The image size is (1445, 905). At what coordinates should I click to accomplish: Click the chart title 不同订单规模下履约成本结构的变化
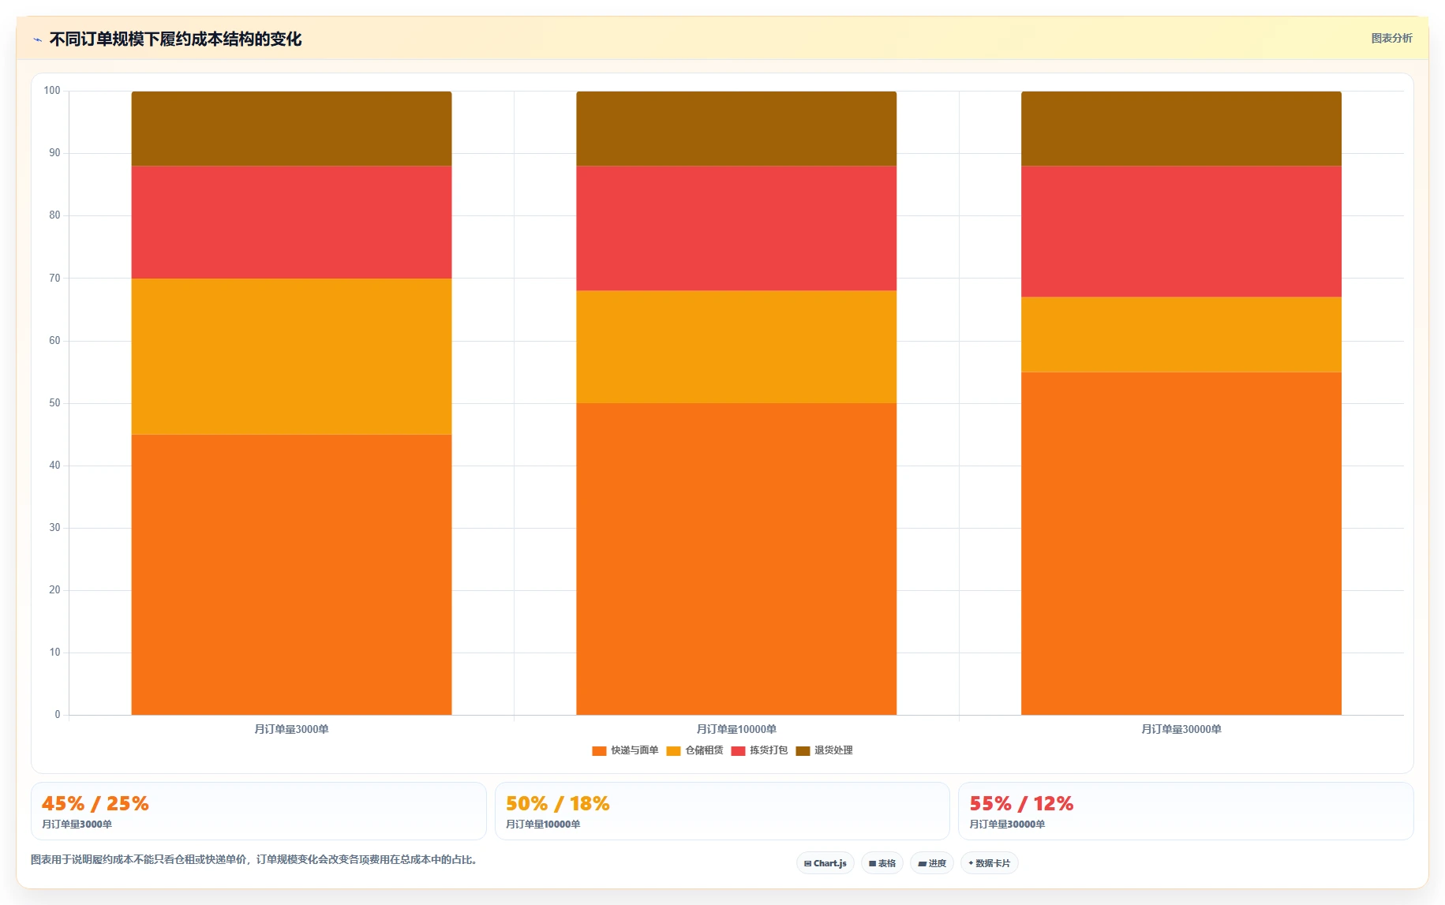pyautogui.click(x=175, y=39)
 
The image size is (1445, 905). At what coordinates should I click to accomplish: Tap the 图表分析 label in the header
pyautogui.click(x=1391, y=38)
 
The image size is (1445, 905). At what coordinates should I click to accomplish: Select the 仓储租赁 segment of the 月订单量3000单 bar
pyautogui.click(x=291, y=357)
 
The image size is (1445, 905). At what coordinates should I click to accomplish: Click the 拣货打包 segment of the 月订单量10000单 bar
pyautogui.click(x=736, y=228)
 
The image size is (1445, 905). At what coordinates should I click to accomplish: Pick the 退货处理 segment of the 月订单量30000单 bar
pyautogui.click(x=1181, y=129)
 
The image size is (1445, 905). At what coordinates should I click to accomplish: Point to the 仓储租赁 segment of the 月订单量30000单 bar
pyautogui.click(x=1181, y=335)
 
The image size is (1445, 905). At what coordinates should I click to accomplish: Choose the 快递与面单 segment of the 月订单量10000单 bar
pyautogui.click(x=736, y=559)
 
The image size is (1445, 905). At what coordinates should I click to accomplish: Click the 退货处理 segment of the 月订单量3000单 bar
pyautogui.click(x=291, y=129)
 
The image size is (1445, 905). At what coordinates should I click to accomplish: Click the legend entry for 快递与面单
pyautogui.click(x=625, y=750)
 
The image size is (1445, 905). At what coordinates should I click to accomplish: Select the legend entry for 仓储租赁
pyautogui.click(x=694, y=750)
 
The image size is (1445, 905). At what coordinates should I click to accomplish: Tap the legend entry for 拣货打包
pyautogui.click(x=759, y=750)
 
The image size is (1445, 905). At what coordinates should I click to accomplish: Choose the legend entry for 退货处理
pyautogui.click(x=824, y=750)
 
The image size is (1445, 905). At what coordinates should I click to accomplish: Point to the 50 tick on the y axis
pyautogui.click(x=54, y=403)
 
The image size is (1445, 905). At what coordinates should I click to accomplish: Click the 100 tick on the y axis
pyautogui.click(x=52, y=91)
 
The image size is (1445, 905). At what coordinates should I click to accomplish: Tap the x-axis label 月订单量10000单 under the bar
pyautogui.click(x=736, y=729)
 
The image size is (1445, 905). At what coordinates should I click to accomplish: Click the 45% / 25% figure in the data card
pyautogui.click(x=95, y=803)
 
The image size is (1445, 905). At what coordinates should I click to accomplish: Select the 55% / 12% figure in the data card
pyautogui.click(x=1021, y=803)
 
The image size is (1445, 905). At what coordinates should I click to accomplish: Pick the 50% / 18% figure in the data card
pyautogui.click(x=558, y=803)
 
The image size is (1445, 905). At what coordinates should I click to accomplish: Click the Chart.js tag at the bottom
pyautogui.click(x=825, y=863)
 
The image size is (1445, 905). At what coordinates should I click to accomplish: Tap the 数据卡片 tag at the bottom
pyautogui.click(x=990, y=863)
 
